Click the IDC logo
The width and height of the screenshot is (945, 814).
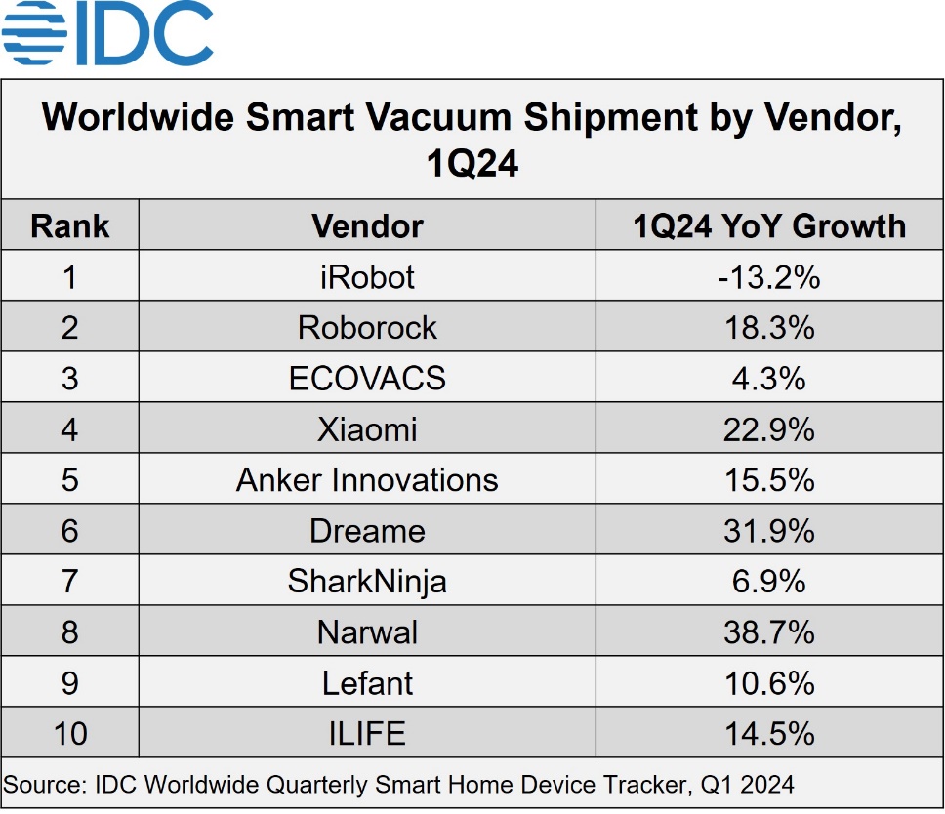point(107,36)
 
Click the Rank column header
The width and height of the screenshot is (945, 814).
point(70,226)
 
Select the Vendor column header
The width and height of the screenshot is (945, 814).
point(367,226)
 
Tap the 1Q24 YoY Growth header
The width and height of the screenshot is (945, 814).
point(769,226)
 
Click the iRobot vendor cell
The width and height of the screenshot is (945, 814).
point(367,277)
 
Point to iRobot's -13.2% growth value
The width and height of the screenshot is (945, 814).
point(769,277)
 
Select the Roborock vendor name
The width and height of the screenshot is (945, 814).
point(367,328)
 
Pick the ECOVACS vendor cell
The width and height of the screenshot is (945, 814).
point(367,379)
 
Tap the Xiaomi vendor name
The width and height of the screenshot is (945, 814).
point(367,429)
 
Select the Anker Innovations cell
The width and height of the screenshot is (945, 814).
point(367,480)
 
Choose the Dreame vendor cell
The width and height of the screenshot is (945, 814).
point(367,531)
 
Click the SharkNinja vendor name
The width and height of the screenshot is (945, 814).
point(367,582)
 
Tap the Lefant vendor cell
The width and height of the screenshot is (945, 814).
point(367,683)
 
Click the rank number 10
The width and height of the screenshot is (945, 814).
point(70,734)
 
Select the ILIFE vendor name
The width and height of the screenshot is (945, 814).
point(367,734)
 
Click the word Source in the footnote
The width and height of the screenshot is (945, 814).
point(38,784)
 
